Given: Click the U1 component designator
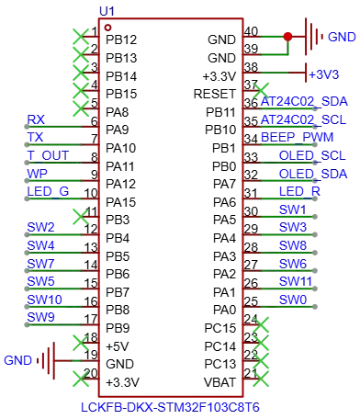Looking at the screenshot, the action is pyautogui.click(x=107, y=12).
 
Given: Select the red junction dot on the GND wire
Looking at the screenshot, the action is pyautogui.click(x=287, y=37).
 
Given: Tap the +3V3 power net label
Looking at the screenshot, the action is pyautogui.click(x=324, y=74).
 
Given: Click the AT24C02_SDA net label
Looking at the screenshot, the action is pyautogui.click(x=304, y=102).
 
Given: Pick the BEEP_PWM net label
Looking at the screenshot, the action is pyautogui.click(x=297, y=137).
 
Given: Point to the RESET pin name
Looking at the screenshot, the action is pyautogui.click(x=215, y=94).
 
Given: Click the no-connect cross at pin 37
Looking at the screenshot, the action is pyautogui.click(x=261, y=91).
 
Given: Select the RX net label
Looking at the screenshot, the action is pyautogui.click(x=36, y=119).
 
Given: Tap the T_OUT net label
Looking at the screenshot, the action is pyautogui.click(x=48, y=155).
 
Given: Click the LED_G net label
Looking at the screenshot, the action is pyautogui.click(x=48, y=192).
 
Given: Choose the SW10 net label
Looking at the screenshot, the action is pyautogui.click(x=44, y=300).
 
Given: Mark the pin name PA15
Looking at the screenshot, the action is pyautogui.click(x=120, y=202).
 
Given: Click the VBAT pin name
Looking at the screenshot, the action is pyautogui.click(x=219, y=382).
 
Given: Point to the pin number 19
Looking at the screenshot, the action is pyautogui.click(x=91, y=355).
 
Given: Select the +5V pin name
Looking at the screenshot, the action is pyautogui.click(x=118, y=346).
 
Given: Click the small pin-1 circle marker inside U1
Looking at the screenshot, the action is pyautogui.click(x=107, y=28).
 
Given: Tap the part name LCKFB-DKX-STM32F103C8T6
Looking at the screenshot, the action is pyautogui.click(x=170, y=407).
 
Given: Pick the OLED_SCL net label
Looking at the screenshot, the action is pyautogui.click(x=312, y=155).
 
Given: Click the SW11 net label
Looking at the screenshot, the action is pyautogui.click(x=296, y=281).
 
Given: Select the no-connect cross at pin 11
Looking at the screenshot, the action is pyautogui.click(x=81, y=217).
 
